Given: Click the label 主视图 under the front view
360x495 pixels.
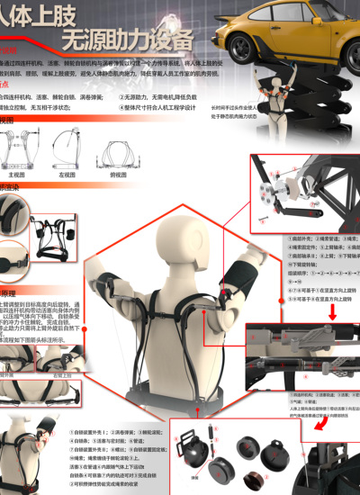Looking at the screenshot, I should pos(17,175).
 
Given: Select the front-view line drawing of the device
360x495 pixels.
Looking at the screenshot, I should pos(18,150).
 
